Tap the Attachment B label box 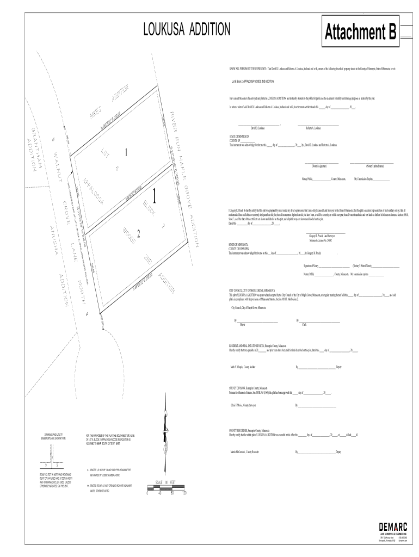[361, 34]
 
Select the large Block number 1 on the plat [156, 197]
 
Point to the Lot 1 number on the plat [127, 152]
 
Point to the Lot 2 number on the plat [139, 234]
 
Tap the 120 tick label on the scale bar [184, 493]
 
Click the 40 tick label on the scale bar [160, 493]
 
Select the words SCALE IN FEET [166, 482]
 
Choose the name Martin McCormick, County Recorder [244, 452]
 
